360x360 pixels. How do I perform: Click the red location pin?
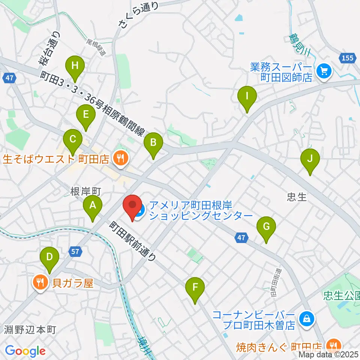tap(132, 207)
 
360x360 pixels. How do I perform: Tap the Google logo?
tap(25, 351)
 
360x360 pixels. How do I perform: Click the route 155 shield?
tap(347, 57)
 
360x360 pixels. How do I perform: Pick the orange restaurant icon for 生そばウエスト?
tap(120, 159)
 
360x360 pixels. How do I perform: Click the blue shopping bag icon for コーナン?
tap(307, 319)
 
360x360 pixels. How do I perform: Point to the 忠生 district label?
tap(296, 197)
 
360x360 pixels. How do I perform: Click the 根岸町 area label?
tap(86, 192)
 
